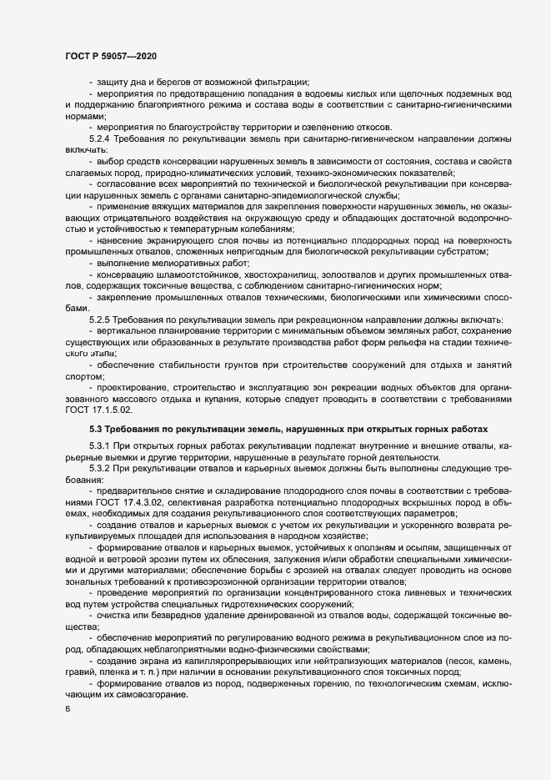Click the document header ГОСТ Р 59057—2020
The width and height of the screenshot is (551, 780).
pyautogui.click(x=110, y=56)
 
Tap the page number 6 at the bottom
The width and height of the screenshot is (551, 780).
pyautogui.click(x=67, y=710)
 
